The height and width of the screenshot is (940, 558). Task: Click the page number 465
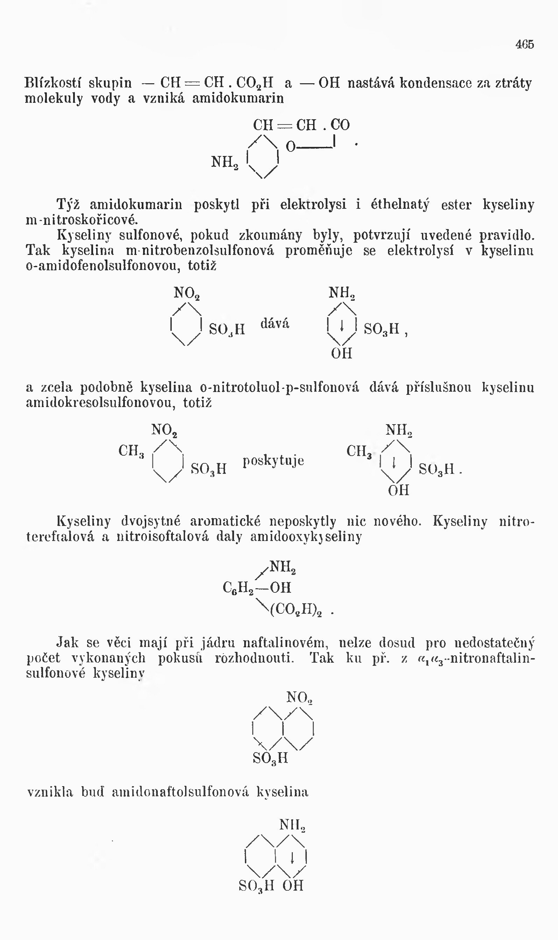coord(524,44)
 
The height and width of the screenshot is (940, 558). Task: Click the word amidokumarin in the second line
coord(238,99)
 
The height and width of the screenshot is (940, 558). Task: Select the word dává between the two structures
coord(275,323)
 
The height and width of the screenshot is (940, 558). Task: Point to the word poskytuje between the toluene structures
coord(273,461)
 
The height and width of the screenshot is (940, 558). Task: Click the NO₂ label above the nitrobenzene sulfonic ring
coord(186,293)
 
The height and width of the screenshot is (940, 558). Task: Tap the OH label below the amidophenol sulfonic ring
coord(341,354)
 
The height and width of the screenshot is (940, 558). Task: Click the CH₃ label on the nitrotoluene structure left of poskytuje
coord(131,451)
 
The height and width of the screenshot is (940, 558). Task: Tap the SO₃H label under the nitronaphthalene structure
coord(270,758)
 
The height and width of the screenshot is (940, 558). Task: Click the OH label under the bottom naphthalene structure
coord(293,886)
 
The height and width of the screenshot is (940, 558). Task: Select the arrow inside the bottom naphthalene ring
coord(292,858)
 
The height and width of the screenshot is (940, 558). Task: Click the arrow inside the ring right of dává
coord(341,326)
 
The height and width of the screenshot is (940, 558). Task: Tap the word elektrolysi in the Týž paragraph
coord(313,205)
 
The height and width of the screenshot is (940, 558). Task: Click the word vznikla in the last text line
coord(50,792)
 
